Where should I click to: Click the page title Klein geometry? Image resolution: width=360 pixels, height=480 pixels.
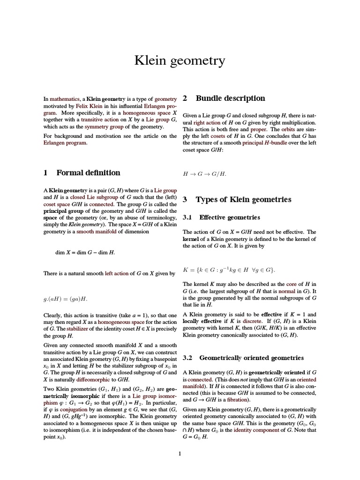180,61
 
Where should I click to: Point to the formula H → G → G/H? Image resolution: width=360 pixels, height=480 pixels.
204,174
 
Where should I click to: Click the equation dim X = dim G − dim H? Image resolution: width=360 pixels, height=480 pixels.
85,252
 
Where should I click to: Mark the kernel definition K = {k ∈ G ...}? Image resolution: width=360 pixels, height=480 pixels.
229,270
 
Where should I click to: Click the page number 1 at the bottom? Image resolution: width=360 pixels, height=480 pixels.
180,453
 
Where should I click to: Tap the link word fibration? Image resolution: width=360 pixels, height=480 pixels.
237,400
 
